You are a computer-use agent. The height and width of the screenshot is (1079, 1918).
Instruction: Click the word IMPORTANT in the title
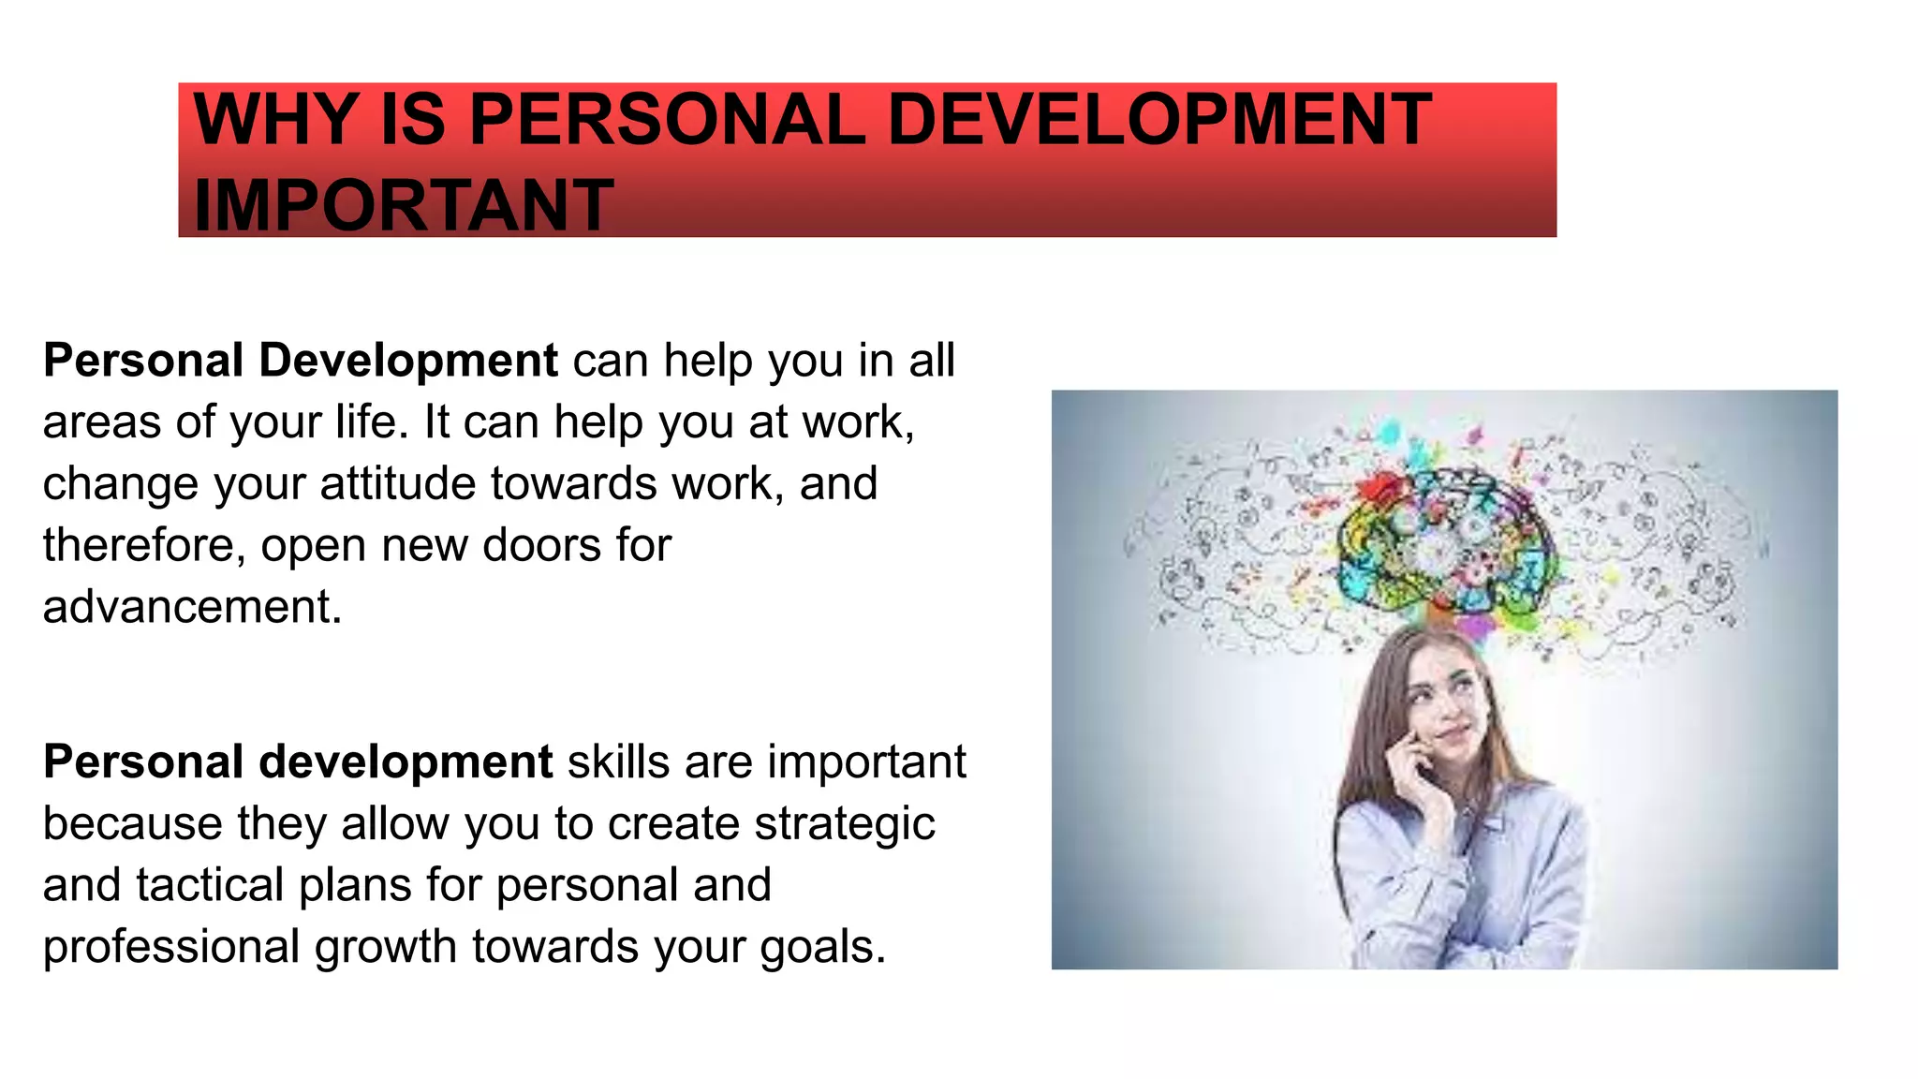tap(403, 205)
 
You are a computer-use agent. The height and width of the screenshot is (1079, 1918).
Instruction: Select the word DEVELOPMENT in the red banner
tap(1158, 120)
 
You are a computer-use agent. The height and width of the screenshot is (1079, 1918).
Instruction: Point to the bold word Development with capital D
tap(408, 361)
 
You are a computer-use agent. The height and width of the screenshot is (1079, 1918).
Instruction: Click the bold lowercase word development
tap(406, 761)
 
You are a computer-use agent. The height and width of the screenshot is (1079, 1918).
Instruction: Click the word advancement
tap(192, 607)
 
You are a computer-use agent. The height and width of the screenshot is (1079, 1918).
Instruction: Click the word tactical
tap(210, 885)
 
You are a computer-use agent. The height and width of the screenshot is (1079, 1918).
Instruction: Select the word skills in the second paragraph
tap(618, 761)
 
